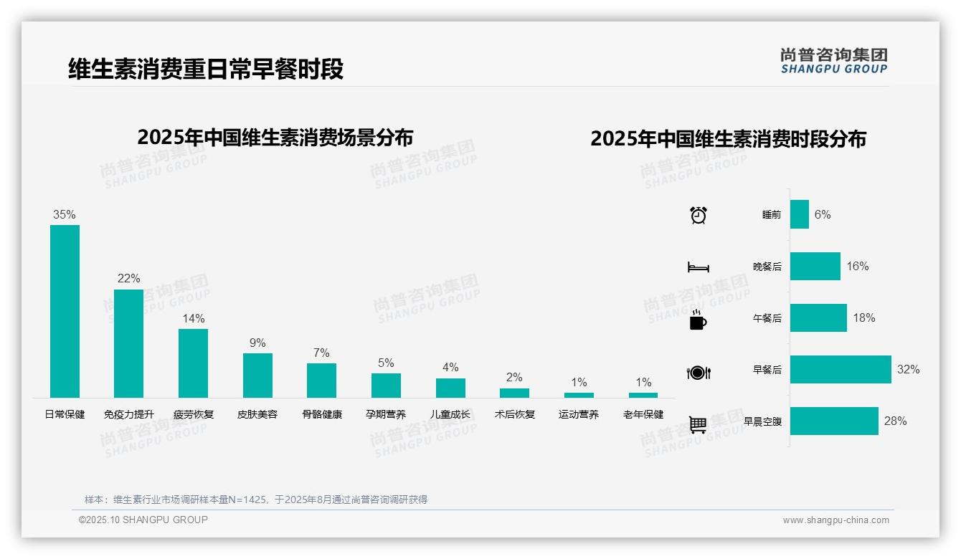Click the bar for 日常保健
(x=65, y=311)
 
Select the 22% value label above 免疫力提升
(x=129, y=278)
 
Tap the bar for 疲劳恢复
(x=193, y=363)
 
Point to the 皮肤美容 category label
(x=257, y=414)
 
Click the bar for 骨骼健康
(x=321, y=381)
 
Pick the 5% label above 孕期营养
(x=386, y=363)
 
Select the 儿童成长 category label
(x=450, y=414)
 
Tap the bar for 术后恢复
(x=514, y=393)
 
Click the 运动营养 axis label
(x=579, y=414)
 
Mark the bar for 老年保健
(x=643, y=395)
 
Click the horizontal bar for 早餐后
(x=841, y=370)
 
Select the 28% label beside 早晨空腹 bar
(x=895, y=421)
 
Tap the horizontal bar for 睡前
(x=800, y=214)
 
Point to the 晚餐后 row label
(x=767, y=267)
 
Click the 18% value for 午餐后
(x=863, y=318)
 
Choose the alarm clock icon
(x=699, y=215)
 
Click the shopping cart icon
(x=698, y=424)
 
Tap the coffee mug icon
(x=698, y=320)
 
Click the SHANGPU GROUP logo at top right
(x=833, y=61)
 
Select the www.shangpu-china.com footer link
(x=835, y=520)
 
